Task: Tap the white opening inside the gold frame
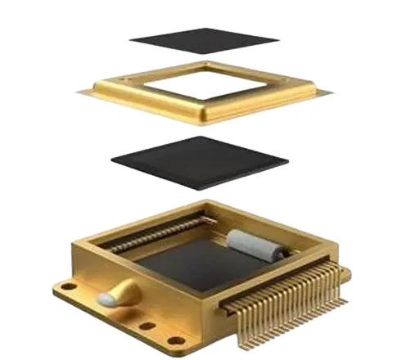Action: tap(205, 85)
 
